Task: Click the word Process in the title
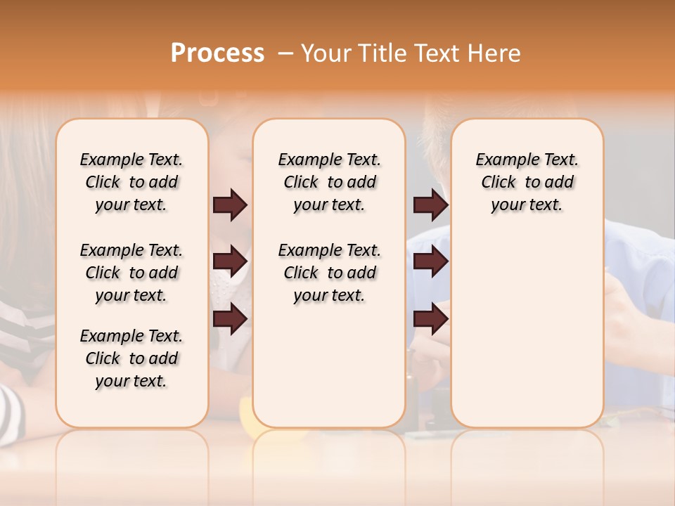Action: tap(217, 53)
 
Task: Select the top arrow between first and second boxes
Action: tap(230, 205)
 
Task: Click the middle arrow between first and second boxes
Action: tap(230, 261)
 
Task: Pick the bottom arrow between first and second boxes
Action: tap(230, 318)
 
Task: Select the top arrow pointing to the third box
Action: tap(430, 205)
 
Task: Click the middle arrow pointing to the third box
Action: tap(430, 261)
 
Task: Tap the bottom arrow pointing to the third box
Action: tap(430, 318)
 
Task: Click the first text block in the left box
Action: tap(131, 182)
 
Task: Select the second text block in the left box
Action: tap(131, 273)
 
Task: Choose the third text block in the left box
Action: tap(131, 358)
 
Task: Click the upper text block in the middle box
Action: tap(329, 182)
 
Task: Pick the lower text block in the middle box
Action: tap(329, 273)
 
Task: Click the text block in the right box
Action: tap(527, 182)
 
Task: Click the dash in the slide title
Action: tap(285, 54)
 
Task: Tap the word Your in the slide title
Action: tap(326, 53)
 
